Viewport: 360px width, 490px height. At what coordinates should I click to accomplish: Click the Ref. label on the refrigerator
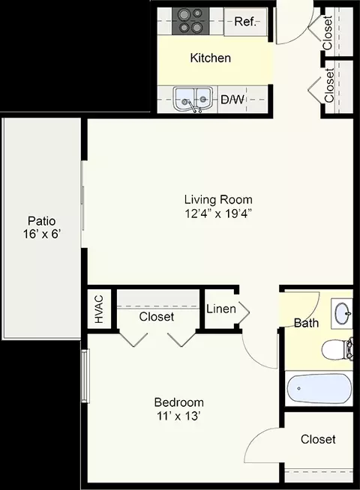[245, 22]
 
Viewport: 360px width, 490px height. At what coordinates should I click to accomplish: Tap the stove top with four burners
[190, 21]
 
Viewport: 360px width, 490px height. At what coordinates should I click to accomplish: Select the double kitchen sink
[193, 100]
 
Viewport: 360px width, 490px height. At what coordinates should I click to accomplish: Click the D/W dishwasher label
[232, 100]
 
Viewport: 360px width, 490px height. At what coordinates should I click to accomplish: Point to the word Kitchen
[211, 58]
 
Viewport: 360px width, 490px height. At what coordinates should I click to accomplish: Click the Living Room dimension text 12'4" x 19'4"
[218, 214]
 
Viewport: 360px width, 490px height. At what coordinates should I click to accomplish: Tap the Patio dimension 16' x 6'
[41, 234]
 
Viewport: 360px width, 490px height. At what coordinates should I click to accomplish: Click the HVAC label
[99, 309]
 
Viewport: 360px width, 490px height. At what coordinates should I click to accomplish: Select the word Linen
[221, 309]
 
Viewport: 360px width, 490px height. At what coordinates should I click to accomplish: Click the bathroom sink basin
[343, 312]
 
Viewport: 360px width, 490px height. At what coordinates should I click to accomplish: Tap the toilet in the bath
[337, 349]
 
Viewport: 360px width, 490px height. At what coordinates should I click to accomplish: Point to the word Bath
[306, 322]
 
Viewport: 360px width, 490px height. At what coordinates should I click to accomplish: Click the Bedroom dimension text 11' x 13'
[178, 417]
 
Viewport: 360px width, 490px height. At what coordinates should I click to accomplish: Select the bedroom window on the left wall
[85, 376]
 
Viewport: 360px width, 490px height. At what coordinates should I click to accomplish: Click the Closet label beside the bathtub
[318, 439]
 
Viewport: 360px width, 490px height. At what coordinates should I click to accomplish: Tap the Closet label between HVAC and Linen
[157, 317]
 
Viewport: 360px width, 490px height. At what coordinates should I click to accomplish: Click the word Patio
[41, 220]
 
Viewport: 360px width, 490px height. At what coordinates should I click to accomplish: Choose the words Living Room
[218, 199]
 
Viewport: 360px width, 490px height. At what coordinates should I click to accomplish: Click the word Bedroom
[179, 402]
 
